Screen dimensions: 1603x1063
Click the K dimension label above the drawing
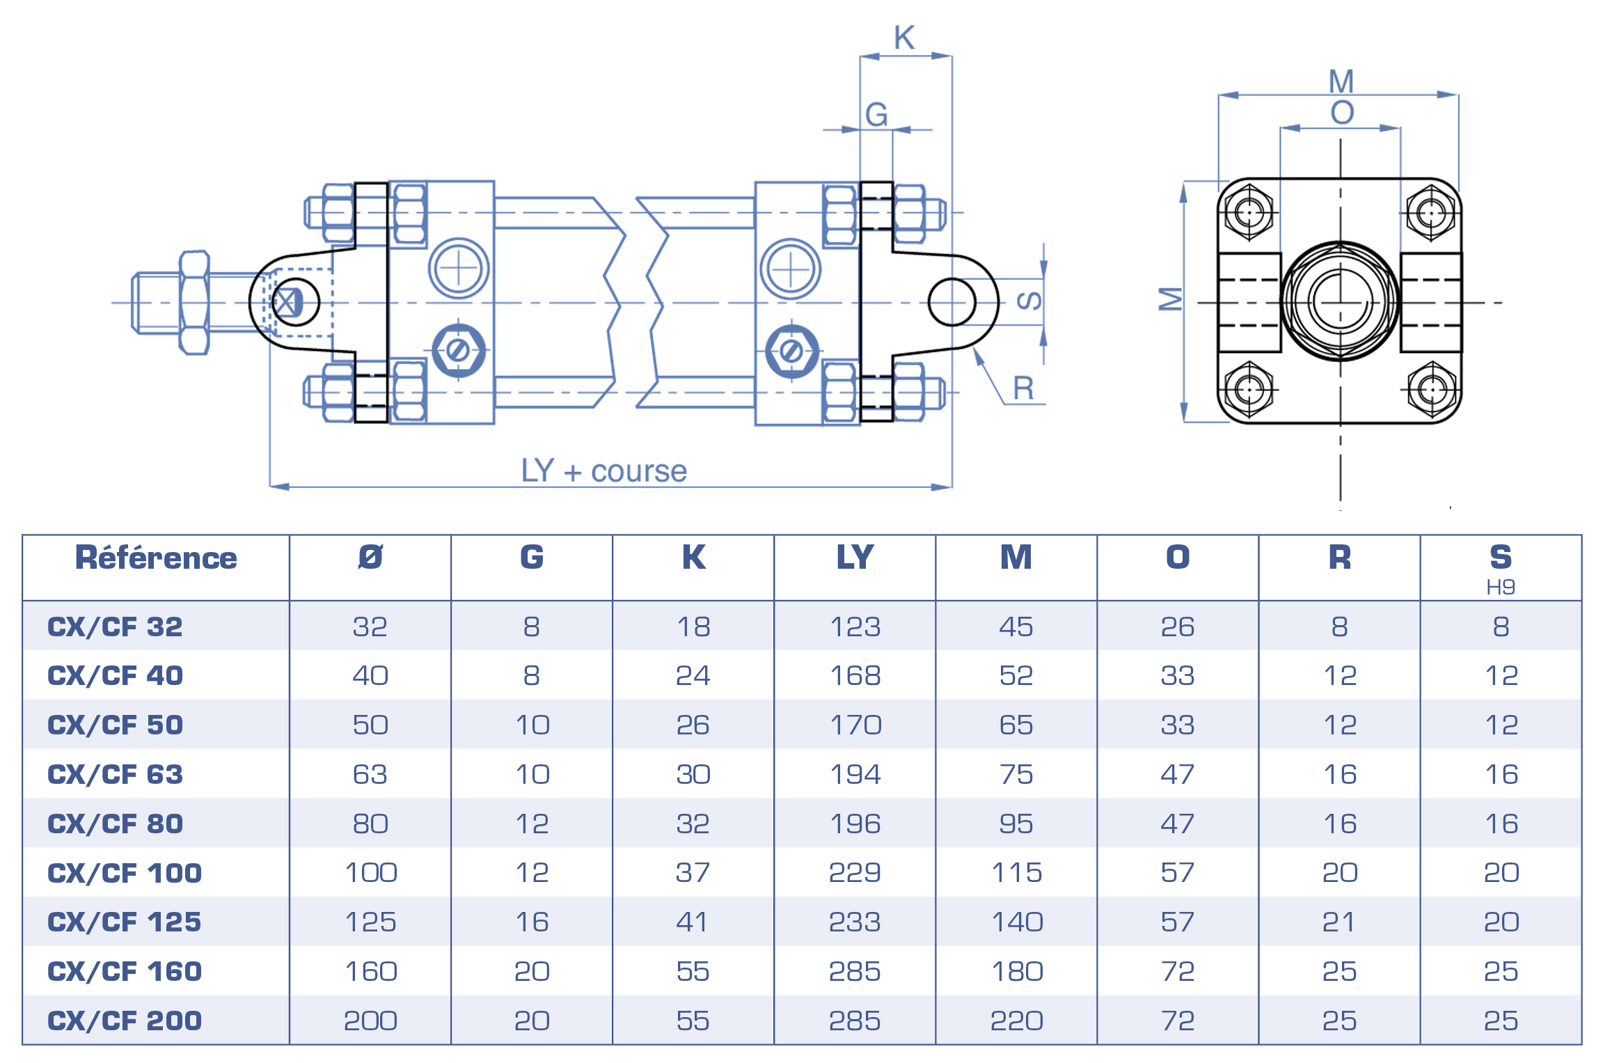[904, 38]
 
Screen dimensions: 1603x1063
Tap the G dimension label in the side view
[876, 115]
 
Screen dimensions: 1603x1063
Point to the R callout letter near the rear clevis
[1023, 388]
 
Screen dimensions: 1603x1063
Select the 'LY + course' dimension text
[603, 471]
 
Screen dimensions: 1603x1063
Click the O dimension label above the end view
[1342, 113]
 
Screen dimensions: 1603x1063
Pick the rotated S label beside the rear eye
[1029, 301]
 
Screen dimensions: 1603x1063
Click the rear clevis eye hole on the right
[952, 302]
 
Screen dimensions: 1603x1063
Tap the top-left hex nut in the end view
[1249, 212]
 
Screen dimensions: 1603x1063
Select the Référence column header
[156, 558]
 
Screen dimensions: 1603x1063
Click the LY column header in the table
[855, 558]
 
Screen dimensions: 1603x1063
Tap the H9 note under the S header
[1501, 588]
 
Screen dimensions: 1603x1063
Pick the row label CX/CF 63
[115, 774]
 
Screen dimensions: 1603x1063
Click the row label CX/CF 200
[125, 1021]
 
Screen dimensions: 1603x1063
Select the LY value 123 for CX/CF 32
[855, 627]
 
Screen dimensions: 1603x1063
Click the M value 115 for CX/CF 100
[1017, 873]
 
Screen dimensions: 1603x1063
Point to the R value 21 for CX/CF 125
[1339, 922]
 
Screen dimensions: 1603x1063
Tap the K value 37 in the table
[693, 873]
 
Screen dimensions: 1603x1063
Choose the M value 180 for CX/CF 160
[1017, 972]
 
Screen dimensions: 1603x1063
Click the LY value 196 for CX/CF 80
[855, 824]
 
